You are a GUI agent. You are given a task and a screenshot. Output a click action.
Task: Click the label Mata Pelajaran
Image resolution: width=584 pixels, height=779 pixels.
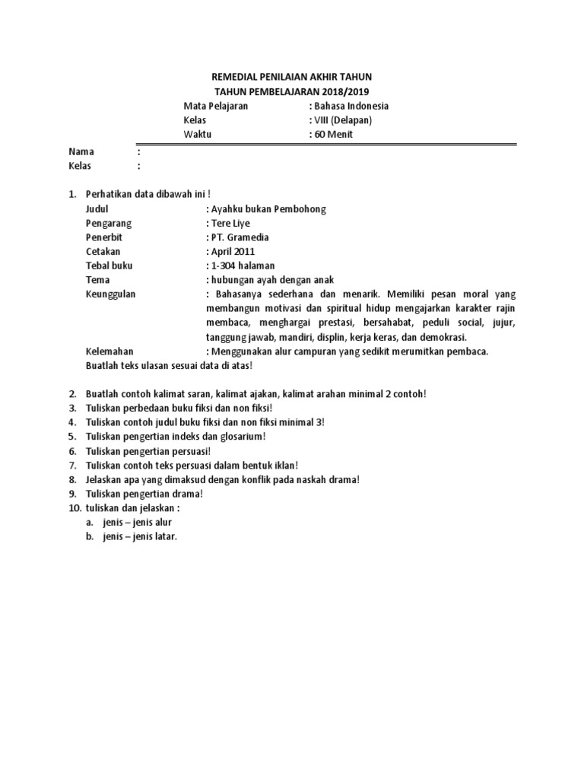(216, 106)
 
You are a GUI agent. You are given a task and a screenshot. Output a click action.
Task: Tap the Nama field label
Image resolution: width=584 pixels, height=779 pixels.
(81, 151)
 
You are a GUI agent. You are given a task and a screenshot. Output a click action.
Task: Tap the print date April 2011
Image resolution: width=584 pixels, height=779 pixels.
(233, 251)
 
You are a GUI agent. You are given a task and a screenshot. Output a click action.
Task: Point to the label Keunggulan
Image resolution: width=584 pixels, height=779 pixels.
(111, 294)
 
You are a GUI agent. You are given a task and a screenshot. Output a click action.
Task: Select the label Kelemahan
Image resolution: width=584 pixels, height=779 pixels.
(110, 351)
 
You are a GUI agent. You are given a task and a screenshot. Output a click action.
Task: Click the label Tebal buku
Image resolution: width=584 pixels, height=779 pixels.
(108, 265)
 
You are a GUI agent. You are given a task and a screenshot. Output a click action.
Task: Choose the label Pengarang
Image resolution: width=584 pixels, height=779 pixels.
(109, 224)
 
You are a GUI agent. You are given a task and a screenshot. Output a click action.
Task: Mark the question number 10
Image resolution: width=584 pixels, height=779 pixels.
(73, 507)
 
